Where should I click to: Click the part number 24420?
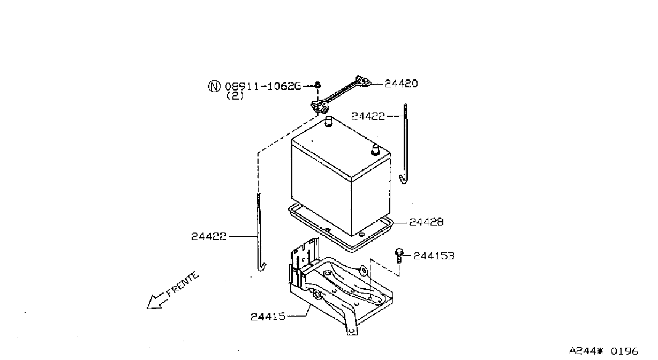click(x=401, y=84)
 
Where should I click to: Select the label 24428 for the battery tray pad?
click(x=426, y=222)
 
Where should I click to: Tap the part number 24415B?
click(x=434, y=256)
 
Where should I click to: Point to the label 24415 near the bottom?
click(x=268, y=317)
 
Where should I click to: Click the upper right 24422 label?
click(x=368, y=116)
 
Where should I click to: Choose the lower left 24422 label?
click(x=209, y=236)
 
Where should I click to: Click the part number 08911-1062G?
click(x=263, y=86)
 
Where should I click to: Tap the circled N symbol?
click(x=214, y=86)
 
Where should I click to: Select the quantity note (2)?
click(x=235, y=95)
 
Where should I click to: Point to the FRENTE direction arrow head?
click(x=154, y=303)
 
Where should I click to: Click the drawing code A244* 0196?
click(x=603, y=351)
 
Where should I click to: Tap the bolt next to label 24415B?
click(x=399, y=256)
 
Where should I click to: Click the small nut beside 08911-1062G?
click(x=317, y=85)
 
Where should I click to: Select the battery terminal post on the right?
click(x=375, y=149)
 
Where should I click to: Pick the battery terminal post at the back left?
click(x=328, y=122)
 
